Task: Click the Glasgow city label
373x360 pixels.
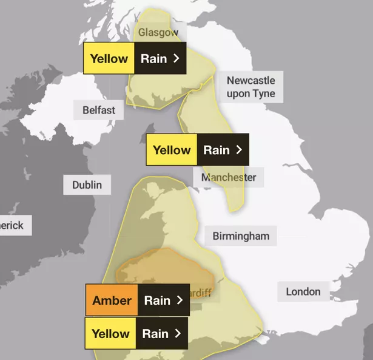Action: pyautogui.click(x=158, y=32)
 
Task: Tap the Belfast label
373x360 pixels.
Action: pyautogui.click(x=99, y=110)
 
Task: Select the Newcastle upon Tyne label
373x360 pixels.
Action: pyautogui.click(x=250, y=87)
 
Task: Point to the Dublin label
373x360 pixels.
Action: pyautogui.click(x=87, y=185)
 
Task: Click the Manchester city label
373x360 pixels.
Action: pyautogui.click(x=229, y=177)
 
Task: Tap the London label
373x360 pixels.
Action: pyautogui.click(x=303, y=291)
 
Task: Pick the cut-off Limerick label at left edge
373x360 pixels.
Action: pyautogui.click(x=12, y=225)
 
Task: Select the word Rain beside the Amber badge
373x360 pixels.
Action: pyautogui.click(x=156, y=301)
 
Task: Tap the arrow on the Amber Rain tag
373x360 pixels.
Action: pyautogui.click(x=179, y=301)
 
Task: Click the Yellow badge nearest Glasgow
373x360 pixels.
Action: pyautogui.click(x=109, y=59)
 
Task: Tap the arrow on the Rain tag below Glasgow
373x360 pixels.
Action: pyautogui.click(x=176, y=59)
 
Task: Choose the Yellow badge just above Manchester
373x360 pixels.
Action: pyautogui.click(x=172, y=150)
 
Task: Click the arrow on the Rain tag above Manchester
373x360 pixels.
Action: pyautogui.click(x=239, y=150)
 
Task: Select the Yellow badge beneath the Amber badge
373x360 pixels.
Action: pyautogui.click(x=110, y=333)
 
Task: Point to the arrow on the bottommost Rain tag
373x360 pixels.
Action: pyautogui.click(x=178, y=333)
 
